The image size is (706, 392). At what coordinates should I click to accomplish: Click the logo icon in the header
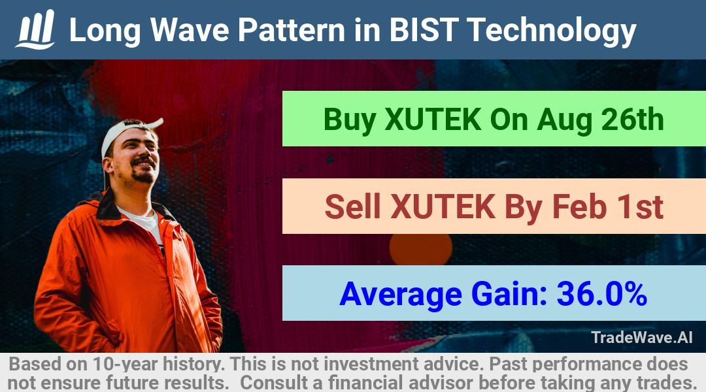(35, 29)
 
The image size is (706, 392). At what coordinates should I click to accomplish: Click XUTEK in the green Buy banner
(433, 120)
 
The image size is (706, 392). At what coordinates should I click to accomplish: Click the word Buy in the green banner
(350, 120)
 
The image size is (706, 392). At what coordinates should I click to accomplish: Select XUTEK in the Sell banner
(443, 206)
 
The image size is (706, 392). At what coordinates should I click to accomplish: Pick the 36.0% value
(602, 294)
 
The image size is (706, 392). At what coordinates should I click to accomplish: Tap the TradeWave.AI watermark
(642, 337)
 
